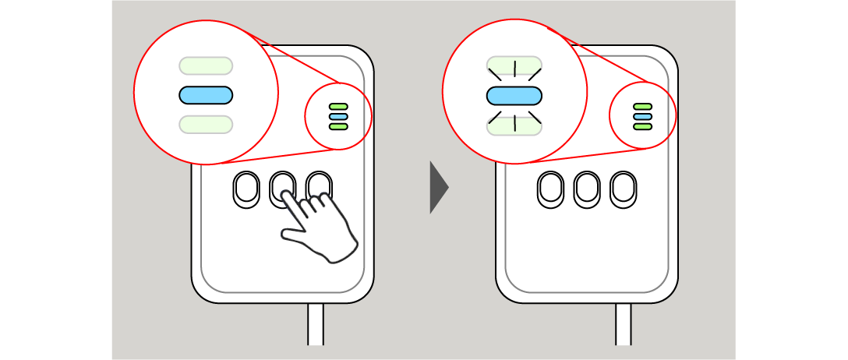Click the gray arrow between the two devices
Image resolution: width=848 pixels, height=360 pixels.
(438, 188)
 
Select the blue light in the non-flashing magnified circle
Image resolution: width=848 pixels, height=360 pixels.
(206, 95)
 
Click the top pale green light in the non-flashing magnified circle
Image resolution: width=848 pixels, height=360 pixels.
(206, 65)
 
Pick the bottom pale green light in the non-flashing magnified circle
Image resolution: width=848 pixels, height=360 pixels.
(206, 125)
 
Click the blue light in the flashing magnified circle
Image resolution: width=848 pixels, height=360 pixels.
(514, 96)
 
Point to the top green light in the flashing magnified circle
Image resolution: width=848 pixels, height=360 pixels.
(514, 65)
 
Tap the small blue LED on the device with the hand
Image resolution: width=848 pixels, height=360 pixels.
(338, 116)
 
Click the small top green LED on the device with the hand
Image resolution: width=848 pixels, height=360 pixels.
(338, 107)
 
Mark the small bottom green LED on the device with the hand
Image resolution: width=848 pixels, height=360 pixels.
(338, 126)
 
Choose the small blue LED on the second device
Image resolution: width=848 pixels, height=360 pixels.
(642, 116)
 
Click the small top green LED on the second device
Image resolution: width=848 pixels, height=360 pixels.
(642, 107)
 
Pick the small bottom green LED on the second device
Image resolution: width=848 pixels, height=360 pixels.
(642, 126)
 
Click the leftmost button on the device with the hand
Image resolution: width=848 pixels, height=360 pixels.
(246, 189)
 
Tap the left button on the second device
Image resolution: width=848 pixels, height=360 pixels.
(550, 189)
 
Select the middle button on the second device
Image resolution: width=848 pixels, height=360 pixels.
(587, 189)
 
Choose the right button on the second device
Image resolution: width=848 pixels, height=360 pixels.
(623, 189)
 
